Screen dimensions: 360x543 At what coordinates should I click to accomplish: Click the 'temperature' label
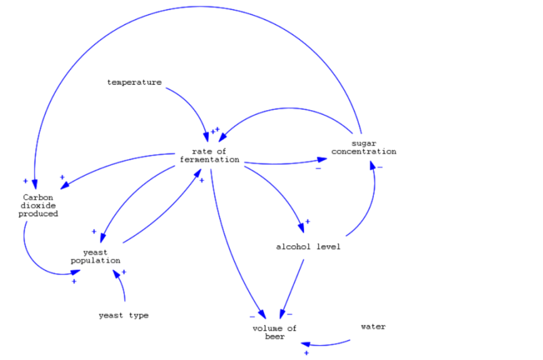[x=134, y=82]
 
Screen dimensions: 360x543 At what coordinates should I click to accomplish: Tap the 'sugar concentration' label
[x=364, y=147]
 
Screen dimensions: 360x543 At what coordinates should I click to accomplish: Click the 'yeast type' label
[x=123, y=315]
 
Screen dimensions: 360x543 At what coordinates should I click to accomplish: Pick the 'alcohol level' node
[x=307, y=246]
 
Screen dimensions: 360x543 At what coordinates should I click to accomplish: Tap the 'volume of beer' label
[x=274, y=332]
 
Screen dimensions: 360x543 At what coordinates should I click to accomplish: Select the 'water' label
[x=373, y=327]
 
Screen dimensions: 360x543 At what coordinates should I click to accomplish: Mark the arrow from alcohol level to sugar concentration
[x=369, y=207]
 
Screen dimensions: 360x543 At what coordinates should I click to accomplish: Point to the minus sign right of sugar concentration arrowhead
[x=380, y=166]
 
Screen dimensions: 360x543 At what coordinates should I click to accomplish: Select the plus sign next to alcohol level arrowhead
[x=307, y=221]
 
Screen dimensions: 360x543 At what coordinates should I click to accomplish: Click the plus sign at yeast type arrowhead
[x=124, y=272]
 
